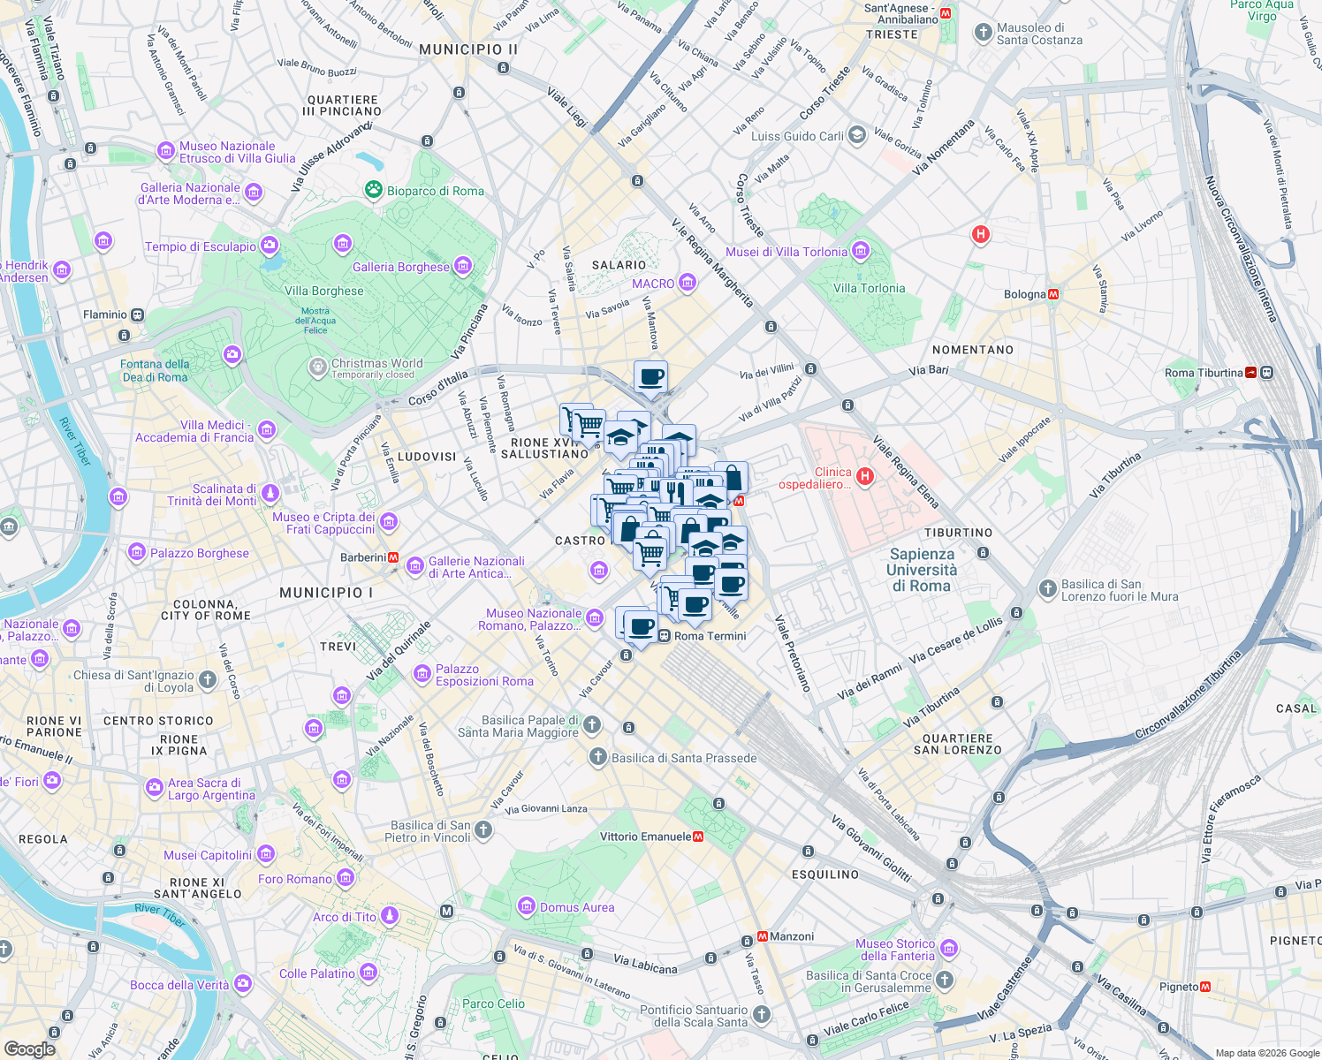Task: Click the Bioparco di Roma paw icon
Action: [x=373, y=190]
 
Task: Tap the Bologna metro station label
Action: [x=1024, y=294]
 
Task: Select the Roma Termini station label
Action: [x=710, y=636]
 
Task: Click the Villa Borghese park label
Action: [x=324, y=291]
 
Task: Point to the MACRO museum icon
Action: [x=688, y=283]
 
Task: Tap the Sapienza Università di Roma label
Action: [x=922, y=570]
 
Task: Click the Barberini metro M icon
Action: [x=393, y=557]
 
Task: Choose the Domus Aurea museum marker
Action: [x=527, y=906]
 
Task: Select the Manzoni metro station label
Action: [x=791, y=936]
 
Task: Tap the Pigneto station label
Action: [x=1179, y=987]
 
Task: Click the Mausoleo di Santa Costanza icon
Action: [x=983, y=33]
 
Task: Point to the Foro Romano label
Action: [x=295, y=879]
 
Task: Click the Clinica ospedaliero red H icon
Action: [x=865, y=477]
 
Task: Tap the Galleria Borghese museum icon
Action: [x=462, y=266]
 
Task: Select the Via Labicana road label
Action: [x=645, y=964]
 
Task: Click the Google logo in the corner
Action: [x=30, y=1049]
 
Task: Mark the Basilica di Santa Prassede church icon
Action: [x=598, y=757]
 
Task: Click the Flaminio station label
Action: [x=105, y=314]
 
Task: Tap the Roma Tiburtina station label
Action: [x=1204, y=373]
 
